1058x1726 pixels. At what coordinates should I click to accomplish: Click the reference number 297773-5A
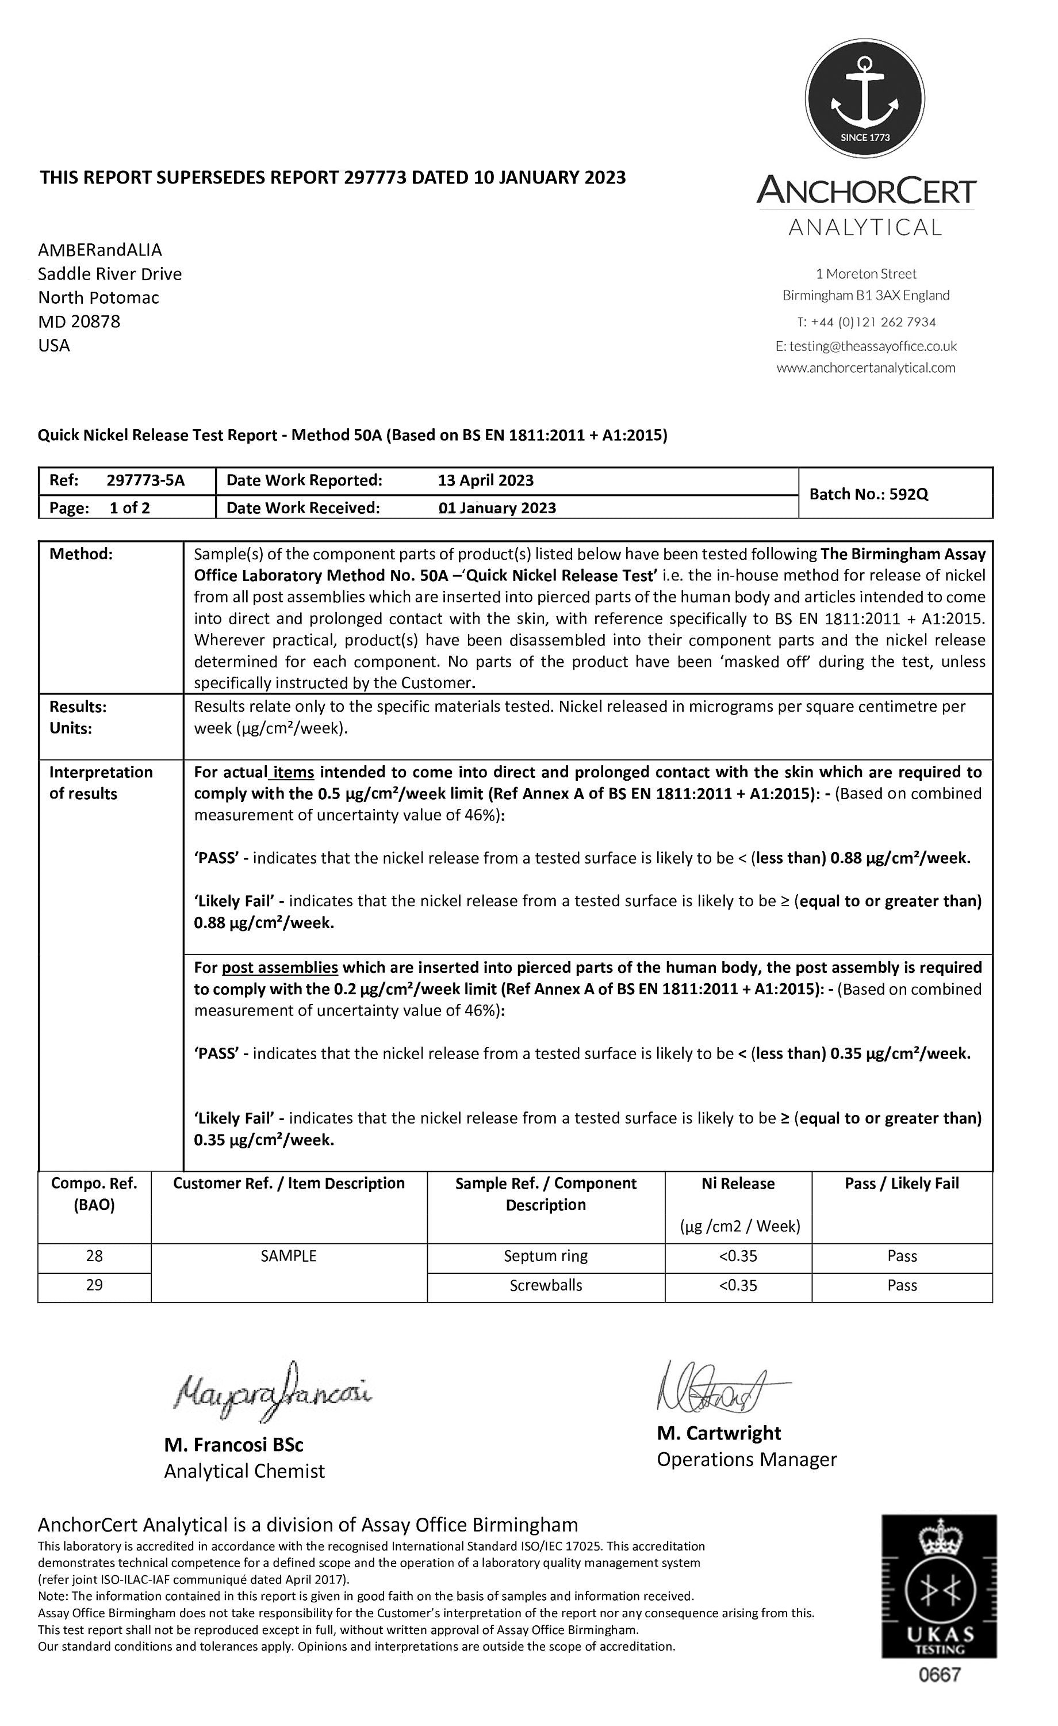(x=145, y=480)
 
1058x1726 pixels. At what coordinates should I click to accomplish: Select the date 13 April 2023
(x=485, y=480)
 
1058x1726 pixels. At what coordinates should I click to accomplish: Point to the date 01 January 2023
(x=497, y=508)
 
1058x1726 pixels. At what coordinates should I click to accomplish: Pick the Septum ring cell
(x=546, y=1256)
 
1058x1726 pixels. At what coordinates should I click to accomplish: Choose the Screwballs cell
(x=546, y=1285)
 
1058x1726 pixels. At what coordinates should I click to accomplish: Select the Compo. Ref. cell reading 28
(x=94, y=1256)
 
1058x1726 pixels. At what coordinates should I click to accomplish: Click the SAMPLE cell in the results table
(x=289, y=1256)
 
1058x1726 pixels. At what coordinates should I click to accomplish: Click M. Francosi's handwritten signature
(x=273, y=1391)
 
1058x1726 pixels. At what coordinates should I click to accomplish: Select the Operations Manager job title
(x=746, y=1460)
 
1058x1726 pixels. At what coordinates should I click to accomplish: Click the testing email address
(x=865, y=346)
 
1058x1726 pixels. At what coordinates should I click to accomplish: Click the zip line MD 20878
(x=79, y=322)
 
